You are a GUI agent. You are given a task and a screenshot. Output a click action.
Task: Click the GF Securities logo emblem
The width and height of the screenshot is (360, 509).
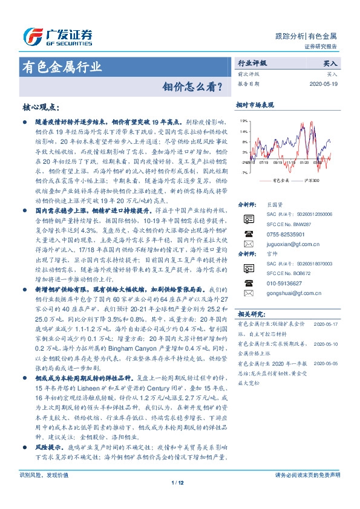pos(31,36)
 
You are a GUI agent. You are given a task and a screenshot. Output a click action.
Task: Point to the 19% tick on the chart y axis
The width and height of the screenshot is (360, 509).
pos(243,121)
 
